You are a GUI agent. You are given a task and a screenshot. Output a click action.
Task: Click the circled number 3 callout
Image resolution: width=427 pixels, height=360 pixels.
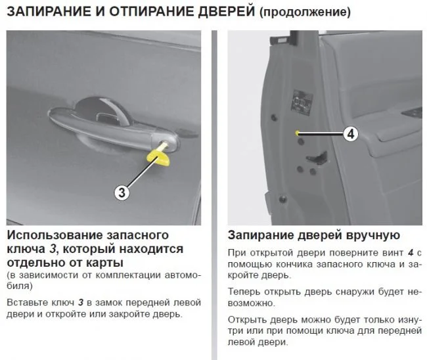(122, 192)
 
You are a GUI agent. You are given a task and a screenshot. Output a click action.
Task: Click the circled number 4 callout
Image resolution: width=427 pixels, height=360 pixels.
(351, 134)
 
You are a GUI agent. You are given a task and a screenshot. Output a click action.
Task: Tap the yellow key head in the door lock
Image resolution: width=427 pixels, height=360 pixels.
(158, 157)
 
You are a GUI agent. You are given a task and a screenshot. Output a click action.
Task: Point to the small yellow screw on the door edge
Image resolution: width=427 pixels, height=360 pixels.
(297, 133)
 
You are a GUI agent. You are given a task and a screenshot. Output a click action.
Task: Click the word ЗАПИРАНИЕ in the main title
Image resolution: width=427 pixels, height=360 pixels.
(49, 12)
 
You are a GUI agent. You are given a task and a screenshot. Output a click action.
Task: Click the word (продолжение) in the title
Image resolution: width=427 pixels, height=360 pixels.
(305, 12)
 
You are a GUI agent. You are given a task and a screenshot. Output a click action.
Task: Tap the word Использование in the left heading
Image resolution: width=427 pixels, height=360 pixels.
(54, 235)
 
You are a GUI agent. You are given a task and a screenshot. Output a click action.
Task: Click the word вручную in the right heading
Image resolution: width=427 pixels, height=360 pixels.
(373, 235)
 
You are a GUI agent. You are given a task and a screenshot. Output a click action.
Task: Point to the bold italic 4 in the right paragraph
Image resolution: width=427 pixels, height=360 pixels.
(411, 253)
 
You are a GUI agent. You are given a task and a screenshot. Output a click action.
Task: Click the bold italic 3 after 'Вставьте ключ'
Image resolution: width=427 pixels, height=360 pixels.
(81, 303)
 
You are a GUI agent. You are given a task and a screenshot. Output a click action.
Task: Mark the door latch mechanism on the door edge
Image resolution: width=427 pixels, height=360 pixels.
(317, 158)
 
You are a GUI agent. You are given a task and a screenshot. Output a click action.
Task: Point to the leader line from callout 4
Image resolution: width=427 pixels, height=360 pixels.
(321, 133)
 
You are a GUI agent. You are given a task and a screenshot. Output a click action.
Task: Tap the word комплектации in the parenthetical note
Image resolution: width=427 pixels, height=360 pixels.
(127, 275)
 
